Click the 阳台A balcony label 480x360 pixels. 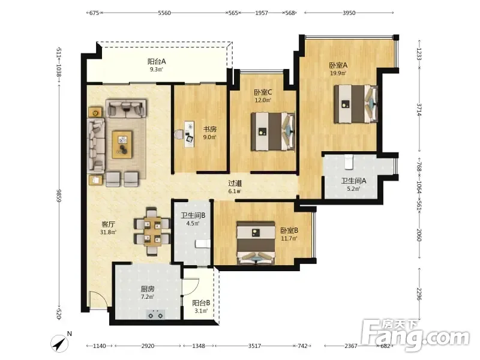[x=157, y=62]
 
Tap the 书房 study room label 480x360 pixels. [x=210, y=129]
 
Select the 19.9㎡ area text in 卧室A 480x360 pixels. [x=338, y=73]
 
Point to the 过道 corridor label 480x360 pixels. [x=235, y=184]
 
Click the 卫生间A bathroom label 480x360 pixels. [x=353, y=181]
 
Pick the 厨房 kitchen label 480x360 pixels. [x=148, y=289]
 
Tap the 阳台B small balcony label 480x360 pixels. [x=201, y=303]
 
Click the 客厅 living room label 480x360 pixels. [x=108, y=224]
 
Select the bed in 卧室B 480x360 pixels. [x=256, y=243]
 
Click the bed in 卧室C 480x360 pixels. [x=273, y=131]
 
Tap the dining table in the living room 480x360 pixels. [x=152, y=232]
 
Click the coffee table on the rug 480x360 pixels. [x=122, y=145]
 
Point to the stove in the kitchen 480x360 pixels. [x=155, y=314]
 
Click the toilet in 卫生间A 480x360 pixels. [x=349, y=162]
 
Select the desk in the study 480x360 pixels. [x=190, y=134]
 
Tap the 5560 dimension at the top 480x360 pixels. [x=164, y=13]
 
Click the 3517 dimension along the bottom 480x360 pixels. [x=254, y=346]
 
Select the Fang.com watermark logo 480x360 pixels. [x=415, y=336]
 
